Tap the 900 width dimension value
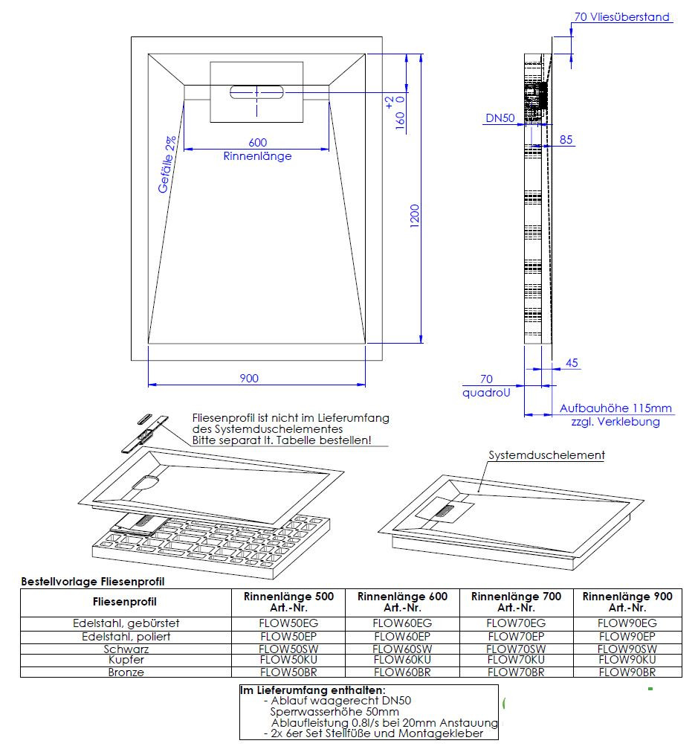click(249, 379)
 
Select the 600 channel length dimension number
click(257, 143)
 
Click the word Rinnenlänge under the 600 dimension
click(257, 156)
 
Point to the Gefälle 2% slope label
click(167, 165)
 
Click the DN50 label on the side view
click(500, 118)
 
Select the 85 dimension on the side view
click(566, 139)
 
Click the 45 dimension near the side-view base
click(572, 363)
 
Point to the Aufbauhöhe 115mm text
click(615, 408)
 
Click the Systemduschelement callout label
click(546, 454)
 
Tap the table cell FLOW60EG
click(402, 623)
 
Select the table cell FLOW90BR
click(627, 672)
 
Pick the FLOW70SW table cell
click(516, 649)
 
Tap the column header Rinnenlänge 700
click(516, 597)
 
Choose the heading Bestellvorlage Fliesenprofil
click(93, 581)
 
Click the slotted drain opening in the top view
click(257, 93)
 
